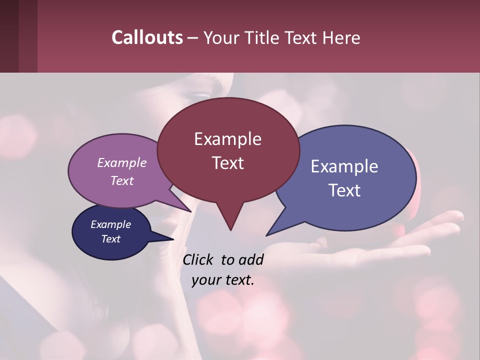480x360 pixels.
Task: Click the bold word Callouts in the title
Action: tap(147, 37)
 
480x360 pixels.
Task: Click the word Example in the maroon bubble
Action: tap(227, 139)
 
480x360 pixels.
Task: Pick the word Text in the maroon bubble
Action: tap(227, 163)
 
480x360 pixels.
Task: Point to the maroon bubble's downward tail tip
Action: tap(230, 230)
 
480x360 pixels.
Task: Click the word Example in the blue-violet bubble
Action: tap(344, 166)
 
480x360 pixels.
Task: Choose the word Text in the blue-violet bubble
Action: tap(344, 190)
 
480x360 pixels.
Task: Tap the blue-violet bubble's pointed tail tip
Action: tap(266, 235)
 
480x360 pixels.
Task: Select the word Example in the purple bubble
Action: tap(122, 162)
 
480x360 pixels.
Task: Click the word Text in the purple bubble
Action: tap(122, 180)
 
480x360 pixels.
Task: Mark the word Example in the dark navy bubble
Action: tap(111, 224)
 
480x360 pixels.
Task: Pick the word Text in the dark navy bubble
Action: tap(111, 239)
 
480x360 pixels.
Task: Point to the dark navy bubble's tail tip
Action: tap(173, 239)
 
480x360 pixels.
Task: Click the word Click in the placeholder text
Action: tap(198, 259)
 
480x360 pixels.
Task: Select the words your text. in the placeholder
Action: tap(223, 280)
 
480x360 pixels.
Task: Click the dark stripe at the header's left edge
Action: tap(9, 36)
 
